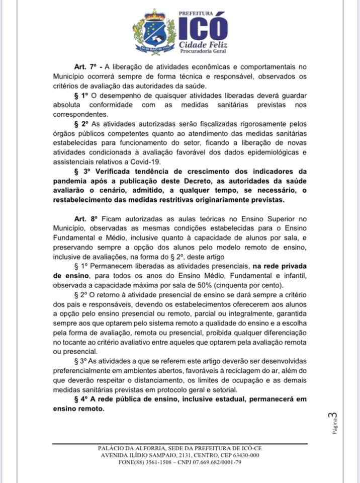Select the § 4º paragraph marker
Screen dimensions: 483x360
coord(81,399)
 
